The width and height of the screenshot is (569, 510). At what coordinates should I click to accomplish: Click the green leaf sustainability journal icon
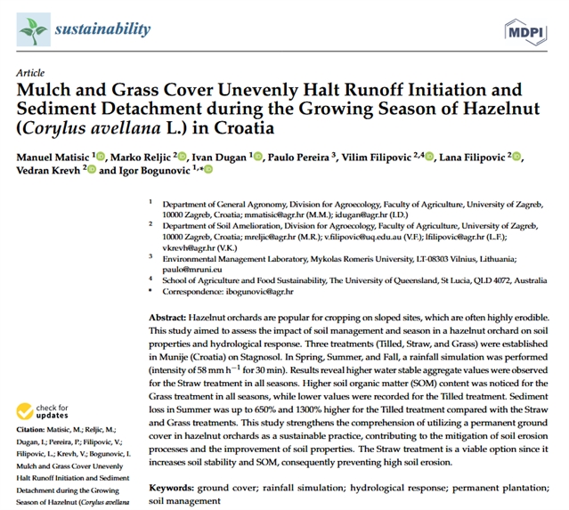click(33, 30)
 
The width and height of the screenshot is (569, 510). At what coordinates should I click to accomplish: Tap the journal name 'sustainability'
click(102, 29)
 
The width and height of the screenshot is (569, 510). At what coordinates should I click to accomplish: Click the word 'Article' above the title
click(30, 72)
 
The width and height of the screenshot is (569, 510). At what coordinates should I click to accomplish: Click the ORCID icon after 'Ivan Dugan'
click(259, 157)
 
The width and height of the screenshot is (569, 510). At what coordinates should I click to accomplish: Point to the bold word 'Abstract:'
click(169, 317)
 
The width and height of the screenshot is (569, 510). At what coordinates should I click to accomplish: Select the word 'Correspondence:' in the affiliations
click(192, 291)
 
